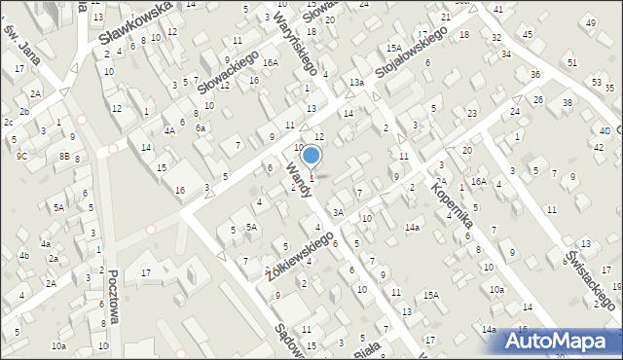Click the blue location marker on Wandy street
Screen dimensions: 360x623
point(311,156)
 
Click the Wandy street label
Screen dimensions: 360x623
point(299,181)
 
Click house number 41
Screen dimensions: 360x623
point(498,10)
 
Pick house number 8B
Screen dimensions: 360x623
point(64,156)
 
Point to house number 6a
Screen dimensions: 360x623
point(201,128)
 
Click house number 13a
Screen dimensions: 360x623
point(357,84)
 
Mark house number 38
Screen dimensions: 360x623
point(568,103)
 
